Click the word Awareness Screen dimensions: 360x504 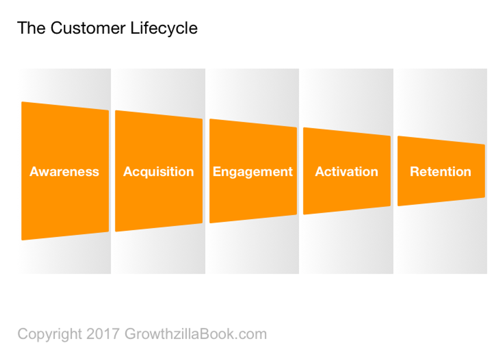pyautogui.click(x=64, y=172)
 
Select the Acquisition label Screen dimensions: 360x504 pyautogui.click(x=158, y=172)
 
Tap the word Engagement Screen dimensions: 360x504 pyautogui.click(x=253, y=172)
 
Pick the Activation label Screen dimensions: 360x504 pyautogui.click(x=346, y=172)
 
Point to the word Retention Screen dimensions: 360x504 pyautogui.click(x=440, y=172)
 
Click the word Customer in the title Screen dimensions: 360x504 pyautogui.click(x=88, y=28)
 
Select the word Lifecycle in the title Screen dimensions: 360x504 pyautogui.click(x=164, y=28)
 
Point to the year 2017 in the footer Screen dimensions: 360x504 pyautogui.click(x=103, y=334)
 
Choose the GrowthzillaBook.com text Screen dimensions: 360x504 pyautogui.click(x=196, y=334)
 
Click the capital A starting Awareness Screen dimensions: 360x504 pyautogui.click(x=34, y=172)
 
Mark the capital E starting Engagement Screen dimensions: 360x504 pyautogui.click(x=217, y=172)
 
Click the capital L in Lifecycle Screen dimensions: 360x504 pyautogui.click(x=135, y=28)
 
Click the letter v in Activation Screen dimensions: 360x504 pyautogui.click(x=342, y=172)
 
